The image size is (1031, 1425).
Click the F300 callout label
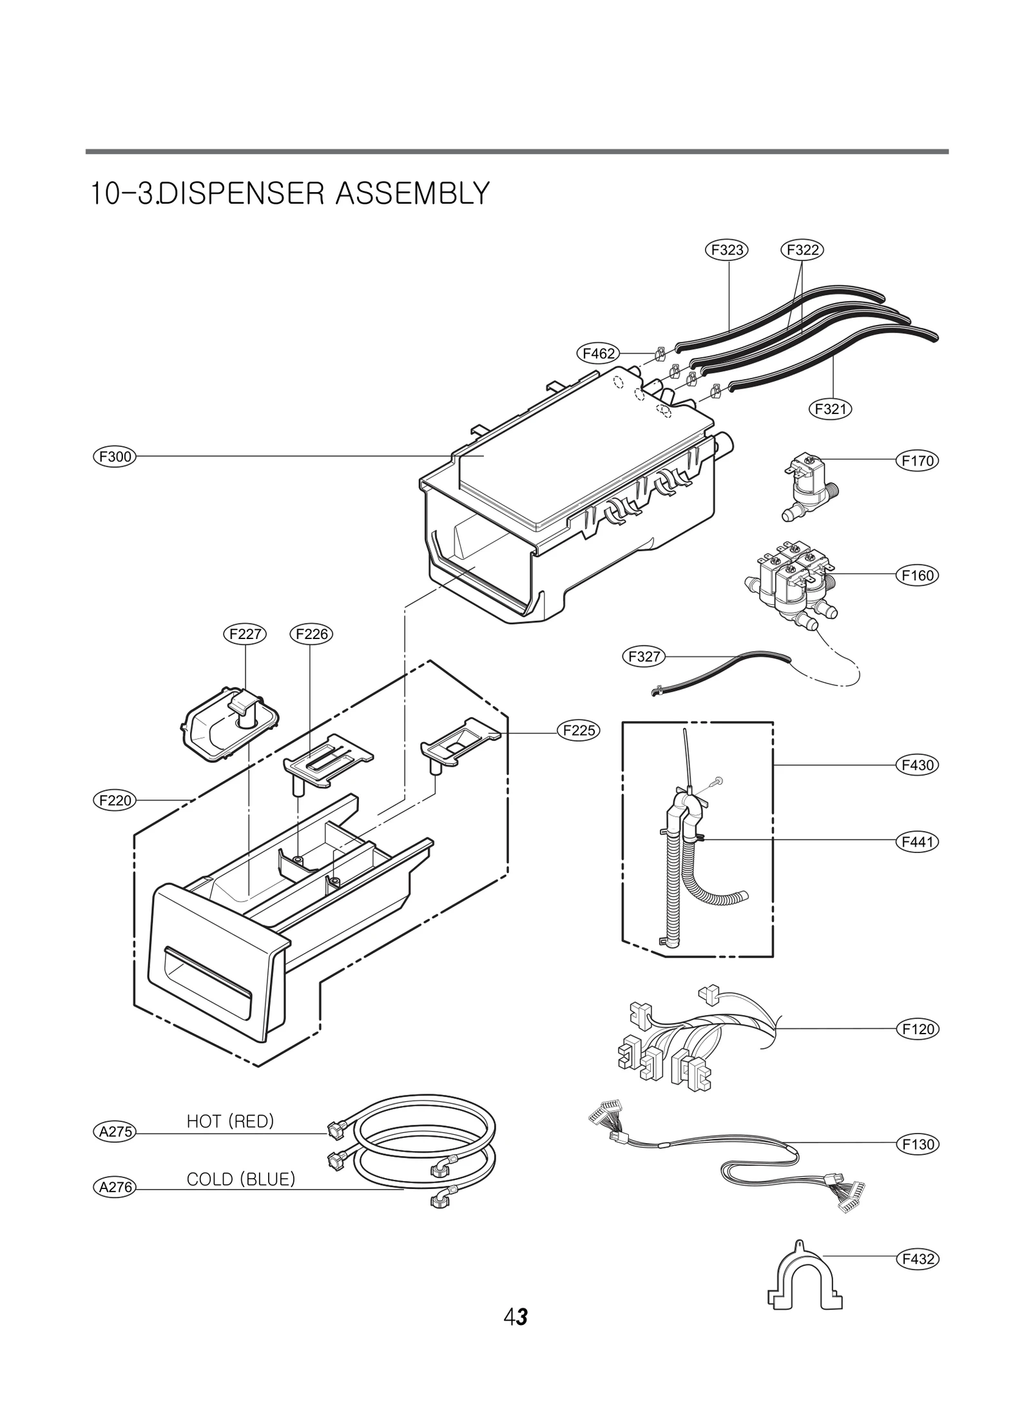(x=114, y=457)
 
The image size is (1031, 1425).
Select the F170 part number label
(x=918, y=461)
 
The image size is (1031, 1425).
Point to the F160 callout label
(x=918, y=575)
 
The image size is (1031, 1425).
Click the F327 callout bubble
(x=643, y=656)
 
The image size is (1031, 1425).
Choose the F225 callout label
(x=579, y=731)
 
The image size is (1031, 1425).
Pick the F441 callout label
(x=918, y=841)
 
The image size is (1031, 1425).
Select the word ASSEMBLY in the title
(x=412, y=193)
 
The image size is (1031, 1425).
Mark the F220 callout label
(x=114, y=801)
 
